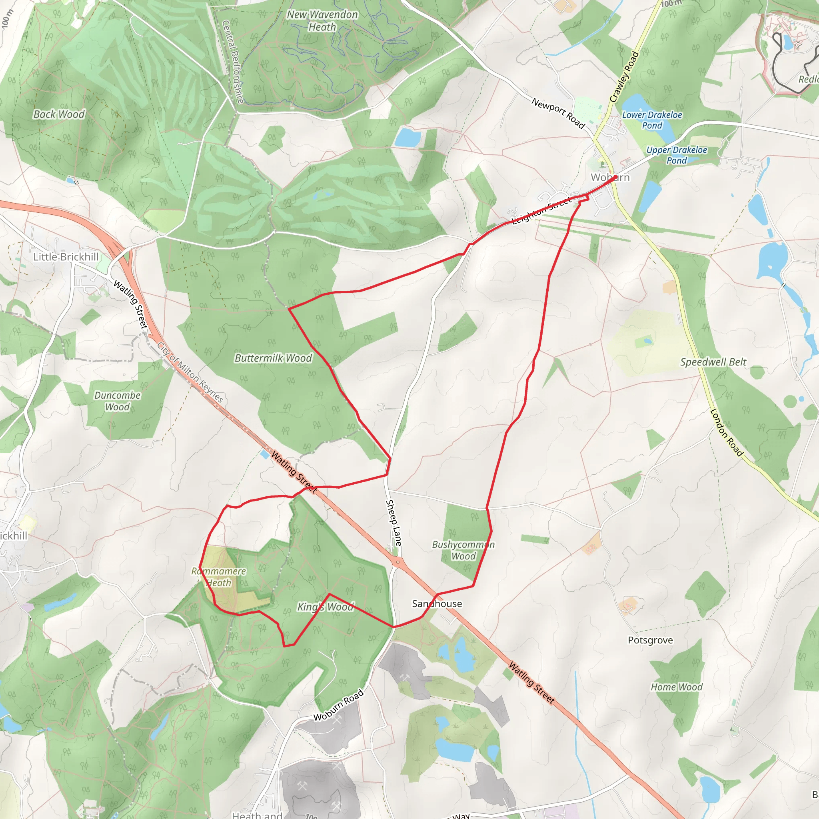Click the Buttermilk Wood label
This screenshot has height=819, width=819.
coord(273,358)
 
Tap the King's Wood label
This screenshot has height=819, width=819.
coord(325,607)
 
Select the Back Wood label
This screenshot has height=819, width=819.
coord(59,114)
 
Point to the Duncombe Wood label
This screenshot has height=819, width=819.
coord(118,401)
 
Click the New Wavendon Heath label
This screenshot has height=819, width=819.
coord(322,21)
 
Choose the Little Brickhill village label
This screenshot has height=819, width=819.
coord(66,257)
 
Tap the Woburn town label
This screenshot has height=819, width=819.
coord(610,177)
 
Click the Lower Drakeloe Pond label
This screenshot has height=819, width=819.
coord(652,120)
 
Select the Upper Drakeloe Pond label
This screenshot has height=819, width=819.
coord(677,155)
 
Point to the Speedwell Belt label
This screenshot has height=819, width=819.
coord(713,362)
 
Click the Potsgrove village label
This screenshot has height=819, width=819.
coord(650,640)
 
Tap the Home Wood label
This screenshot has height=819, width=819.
coord(677,687)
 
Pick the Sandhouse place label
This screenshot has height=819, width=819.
coord(437,603)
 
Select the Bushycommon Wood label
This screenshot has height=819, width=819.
coord(463,550)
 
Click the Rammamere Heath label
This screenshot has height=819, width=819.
coord(219,577)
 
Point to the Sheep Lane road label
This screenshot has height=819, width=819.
coord(394,523)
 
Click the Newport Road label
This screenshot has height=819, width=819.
coord(558,113)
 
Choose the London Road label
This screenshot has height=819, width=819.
coord(727,432)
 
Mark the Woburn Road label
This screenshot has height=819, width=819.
coord(338,705)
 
